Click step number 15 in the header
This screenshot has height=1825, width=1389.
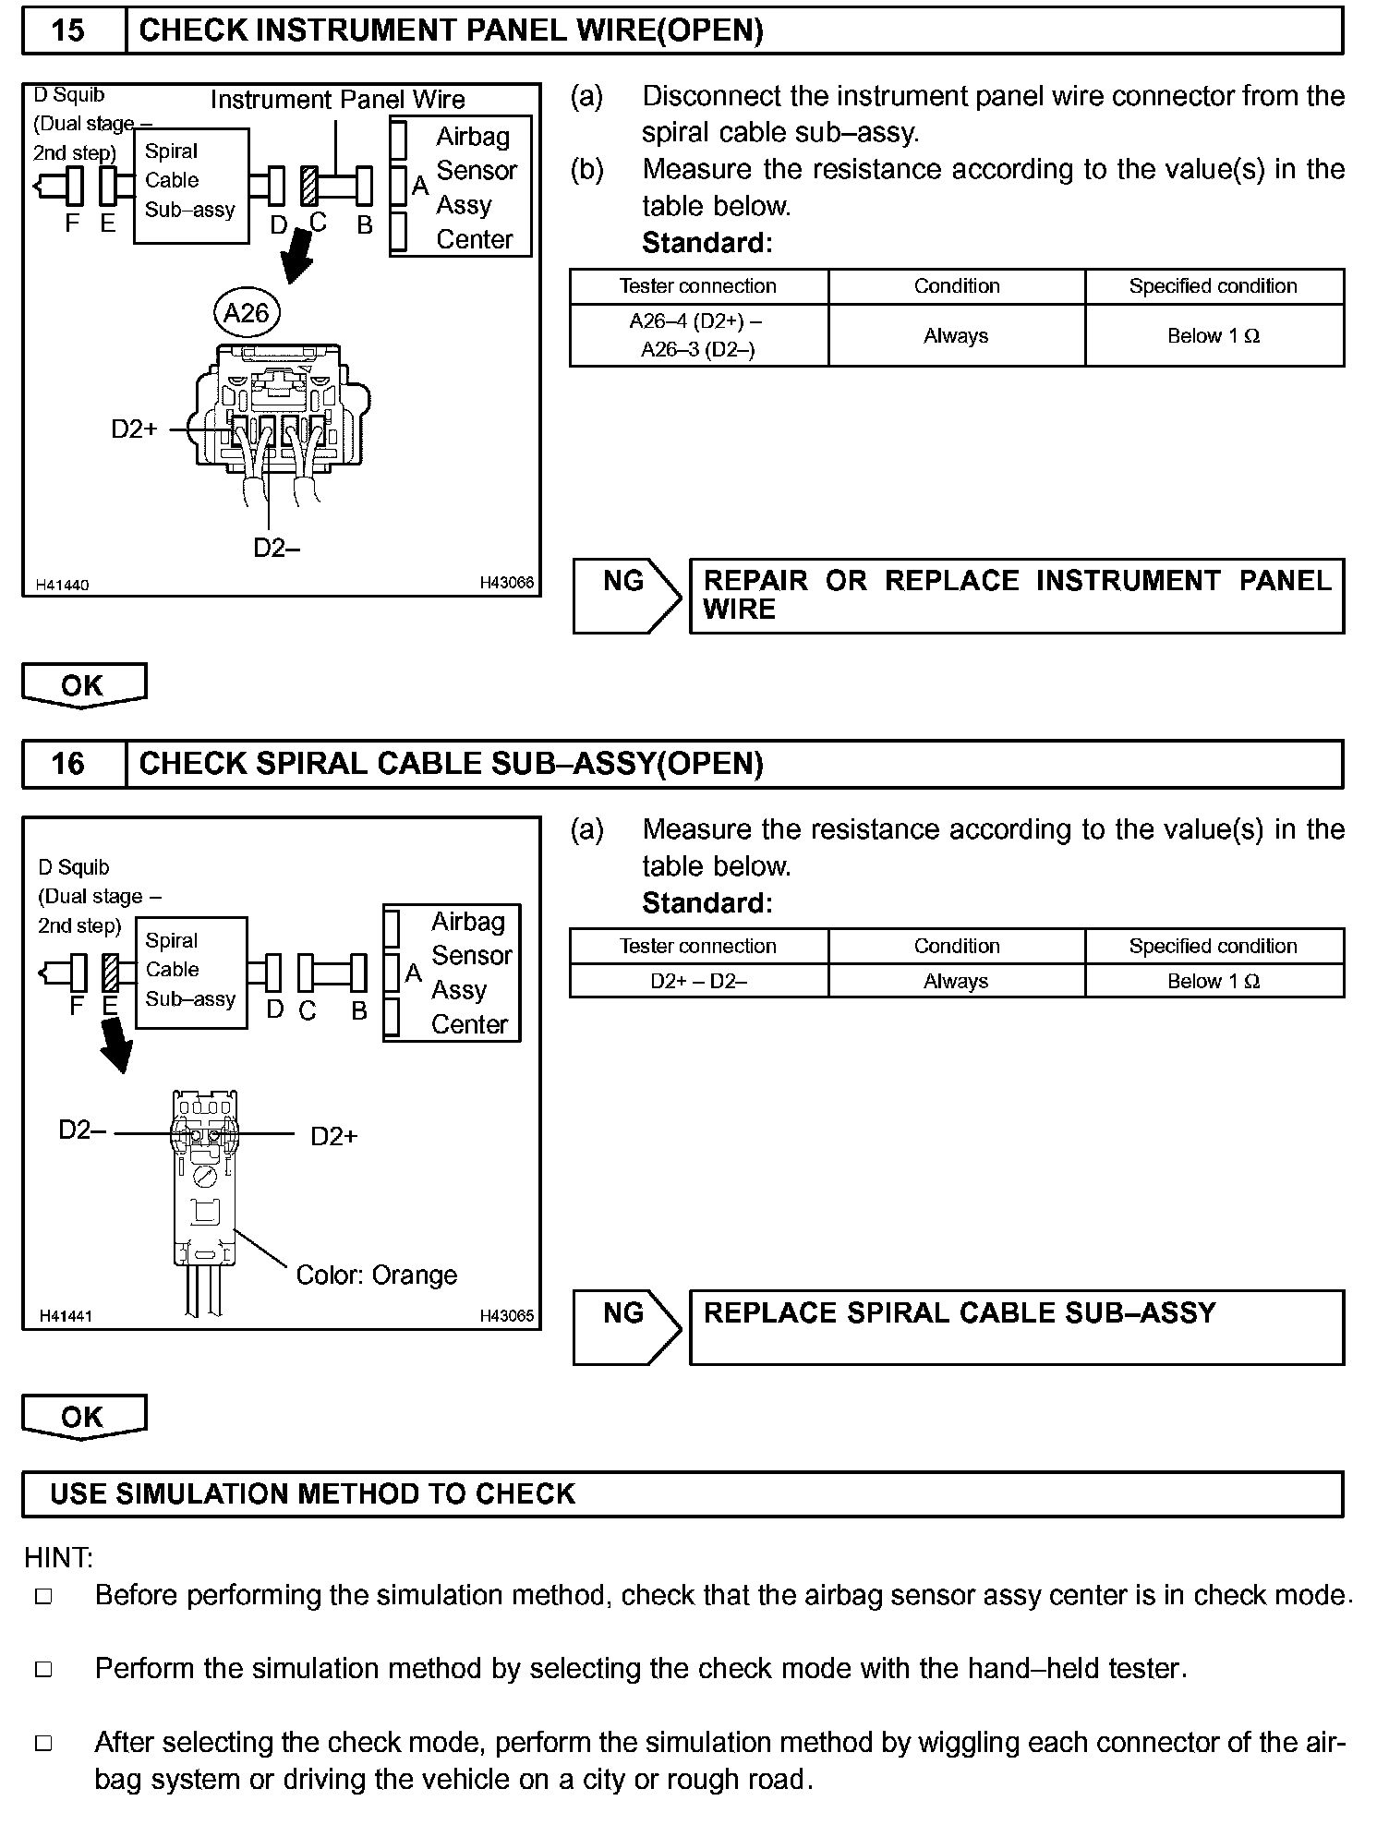68,30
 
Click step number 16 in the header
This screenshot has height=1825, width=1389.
68,764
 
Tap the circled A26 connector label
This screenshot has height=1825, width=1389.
246,313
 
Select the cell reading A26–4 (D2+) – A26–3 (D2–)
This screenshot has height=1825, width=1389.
698,335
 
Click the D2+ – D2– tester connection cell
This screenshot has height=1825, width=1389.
698,981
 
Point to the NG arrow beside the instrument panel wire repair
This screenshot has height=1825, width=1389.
626,596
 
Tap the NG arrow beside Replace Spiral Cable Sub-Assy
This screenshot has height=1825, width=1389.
626,1327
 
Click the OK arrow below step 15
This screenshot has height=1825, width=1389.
83,685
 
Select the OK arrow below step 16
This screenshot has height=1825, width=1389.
83,1417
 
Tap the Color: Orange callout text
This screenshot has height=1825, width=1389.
377,1275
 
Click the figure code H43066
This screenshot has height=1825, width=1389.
506,584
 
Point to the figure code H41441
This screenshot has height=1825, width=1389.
66,1316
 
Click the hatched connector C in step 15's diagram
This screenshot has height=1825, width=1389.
309,187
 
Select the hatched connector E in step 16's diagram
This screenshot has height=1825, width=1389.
110,973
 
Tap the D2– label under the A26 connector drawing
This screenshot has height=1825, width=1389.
276,548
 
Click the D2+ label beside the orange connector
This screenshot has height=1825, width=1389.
333,1136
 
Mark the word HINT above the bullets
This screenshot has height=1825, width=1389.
57,1558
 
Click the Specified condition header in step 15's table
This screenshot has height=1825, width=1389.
1213,286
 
